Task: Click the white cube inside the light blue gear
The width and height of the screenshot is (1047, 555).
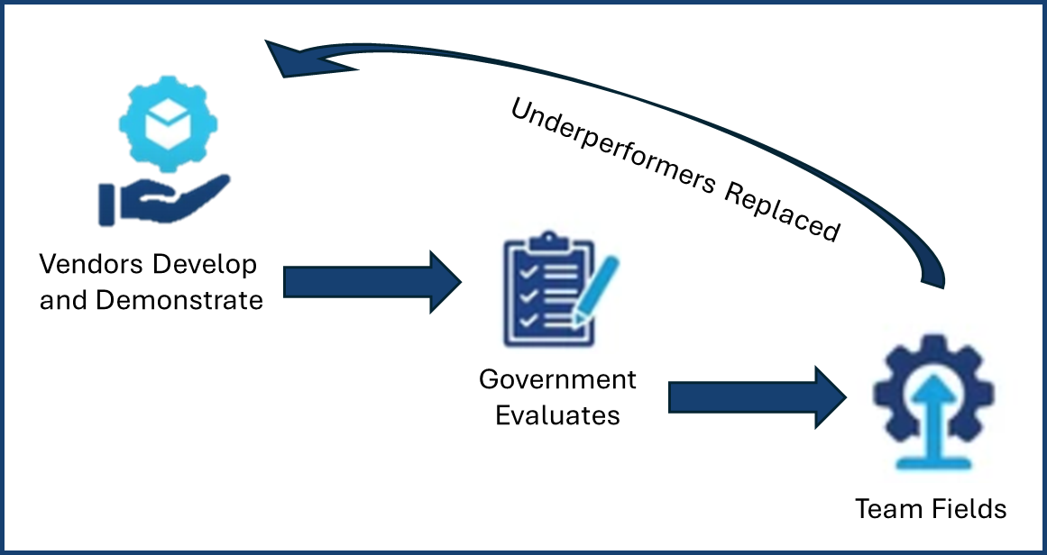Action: (x=169, y=124)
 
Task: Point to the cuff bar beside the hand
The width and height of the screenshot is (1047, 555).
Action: (x=106, y=205)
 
